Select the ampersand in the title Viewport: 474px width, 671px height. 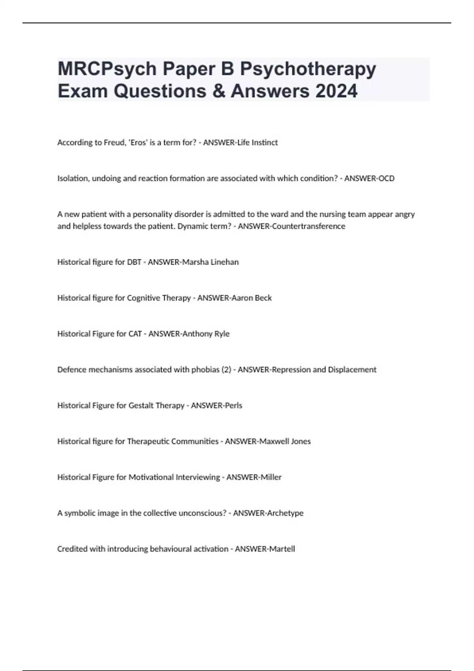[219, 91]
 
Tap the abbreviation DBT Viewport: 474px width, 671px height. [134, 262]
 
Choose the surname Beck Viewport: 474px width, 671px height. [263, 298]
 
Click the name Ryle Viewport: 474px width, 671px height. [222, 334]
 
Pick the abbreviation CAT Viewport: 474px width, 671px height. [135, 334]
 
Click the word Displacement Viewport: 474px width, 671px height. [352, 370]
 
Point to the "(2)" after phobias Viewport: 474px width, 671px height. [226, 370]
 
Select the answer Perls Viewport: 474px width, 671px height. [233, 406]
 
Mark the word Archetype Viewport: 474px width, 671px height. [285, 513]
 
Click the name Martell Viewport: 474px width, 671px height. [281, 549]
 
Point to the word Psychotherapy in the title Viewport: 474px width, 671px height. [308, 69]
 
